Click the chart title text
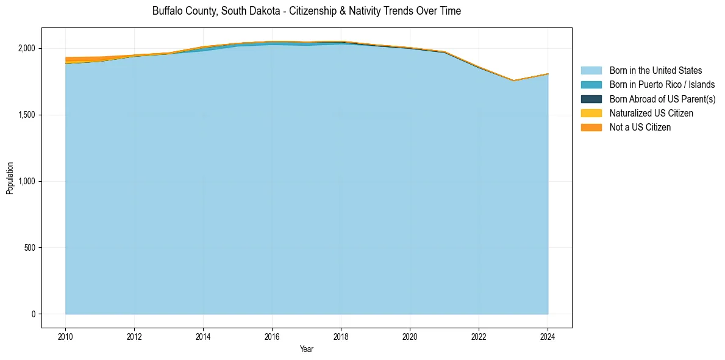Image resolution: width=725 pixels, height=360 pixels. click(307, 11)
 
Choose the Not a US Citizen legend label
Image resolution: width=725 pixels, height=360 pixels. click(640, 128)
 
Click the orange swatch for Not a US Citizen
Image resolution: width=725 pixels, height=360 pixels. click(591, 128)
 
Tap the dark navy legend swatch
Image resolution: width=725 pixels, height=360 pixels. click(591, 99)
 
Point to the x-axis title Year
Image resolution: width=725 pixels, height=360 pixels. click(307, 349)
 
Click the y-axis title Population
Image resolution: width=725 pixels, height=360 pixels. click(10, 178)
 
